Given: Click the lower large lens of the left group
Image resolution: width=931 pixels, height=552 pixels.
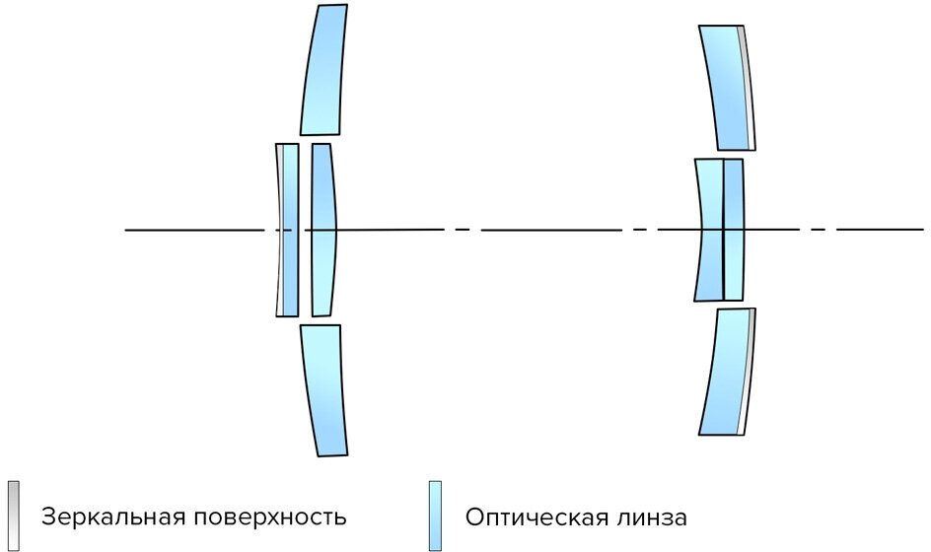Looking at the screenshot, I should (323, 389).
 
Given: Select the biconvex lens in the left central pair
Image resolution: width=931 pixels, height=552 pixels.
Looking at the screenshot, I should (322, 229).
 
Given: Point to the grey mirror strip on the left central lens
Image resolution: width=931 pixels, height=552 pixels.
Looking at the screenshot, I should (280, 229).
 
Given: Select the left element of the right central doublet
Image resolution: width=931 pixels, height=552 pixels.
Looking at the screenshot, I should (710, 230).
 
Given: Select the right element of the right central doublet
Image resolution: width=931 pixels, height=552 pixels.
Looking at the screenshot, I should (734, 230).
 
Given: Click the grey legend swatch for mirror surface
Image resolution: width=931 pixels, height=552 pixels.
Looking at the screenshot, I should (13, 515).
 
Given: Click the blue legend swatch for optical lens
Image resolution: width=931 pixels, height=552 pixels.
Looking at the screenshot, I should (435, 515).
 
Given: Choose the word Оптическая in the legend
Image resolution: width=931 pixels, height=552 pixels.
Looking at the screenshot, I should (542, 517).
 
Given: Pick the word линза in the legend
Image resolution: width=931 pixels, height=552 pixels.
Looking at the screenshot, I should (656, 517).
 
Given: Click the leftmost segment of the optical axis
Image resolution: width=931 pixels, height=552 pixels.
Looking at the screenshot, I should (193, 230).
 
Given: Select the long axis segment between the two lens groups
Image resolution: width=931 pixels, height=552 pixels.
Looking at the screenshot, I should (550, 230).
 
